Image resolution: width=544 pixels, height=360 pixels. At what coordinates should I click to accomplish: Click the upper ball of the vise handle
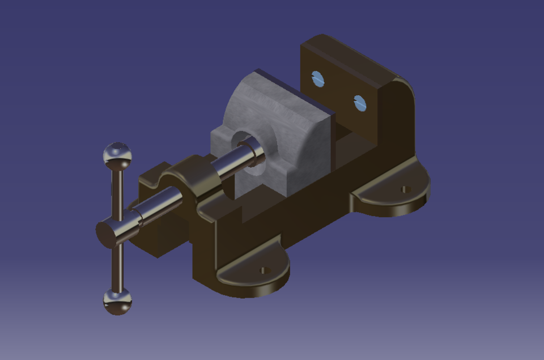117,154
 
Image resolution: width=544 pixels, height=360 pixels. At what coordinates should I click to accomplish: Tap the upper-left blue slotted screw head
318,79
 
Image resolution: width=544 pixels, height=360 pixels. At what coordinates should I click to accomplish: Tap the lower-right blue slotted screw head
360,103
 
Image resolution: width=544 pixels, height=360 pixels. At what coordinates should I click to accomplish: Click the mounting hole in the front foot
263,270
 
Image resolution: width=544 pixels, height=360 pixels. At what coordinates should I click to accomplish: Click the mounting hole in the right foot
404,189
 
